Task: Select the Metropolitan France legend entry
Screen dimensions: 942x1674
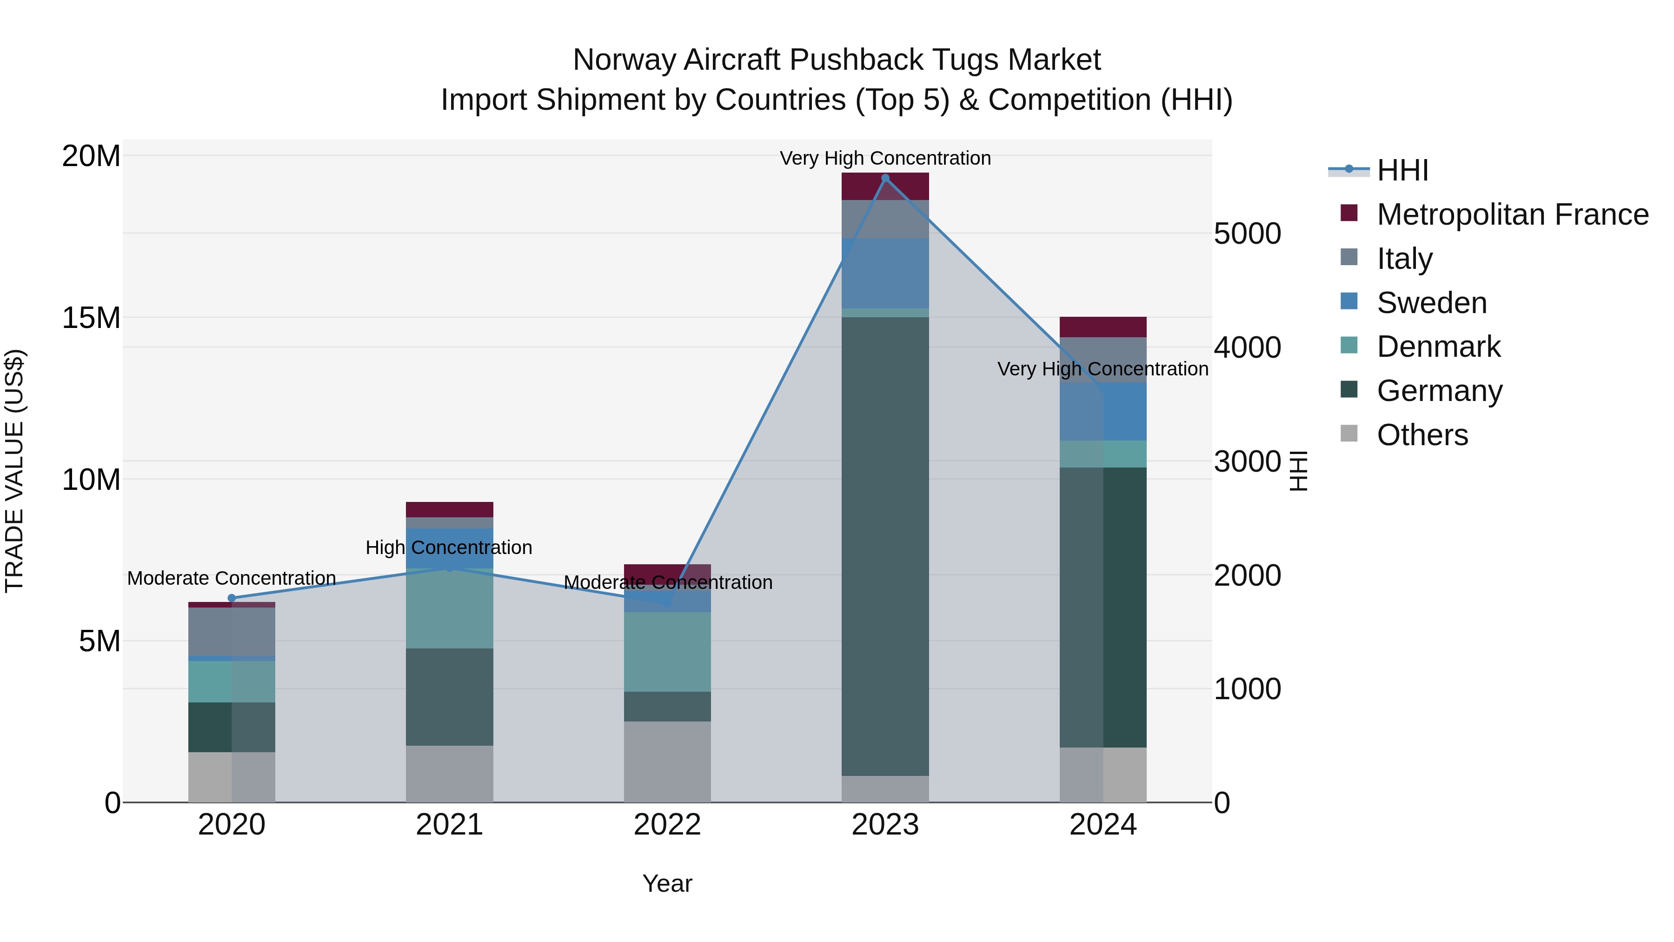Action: pyautogui.click(x=1512, y=214)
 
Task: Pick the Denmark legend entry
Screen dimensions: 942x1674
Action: pyautogui.click(x=1438, y=347)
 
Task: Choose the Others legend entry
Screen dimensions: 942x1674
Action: pyautogui.click(x=1422, y=435)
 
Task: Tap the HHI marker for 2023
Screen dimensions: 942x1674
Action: pyautogui.click(x=885, y=178)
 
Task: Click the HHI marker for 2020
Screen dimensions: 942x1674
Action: pyautogui.click(x=232, y=598)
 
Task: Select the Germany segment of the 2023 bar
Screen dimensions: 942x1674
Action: pyautogui.click(x=885, y=546)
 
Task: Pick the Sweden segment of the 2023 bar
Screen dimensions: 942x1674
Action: pyautogui.click(x=885, y=273)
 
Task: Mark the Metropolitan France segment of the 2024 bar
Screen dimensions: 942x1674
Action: pyautogui.click(x=1103, y=327)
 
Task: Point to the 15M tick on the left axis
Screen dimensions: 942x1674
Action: pyautogui.click(x=91, y=318)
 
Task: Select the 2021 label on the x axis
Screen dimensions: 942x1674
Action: pyautogui.click(x=449, y=825)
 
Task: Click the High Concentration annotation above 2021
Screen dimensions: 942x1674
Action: pyautogui.click(x=449, y=548)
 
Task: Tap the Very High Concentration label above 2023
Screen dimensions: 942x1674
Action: pyautogui.click(x=885, y=158)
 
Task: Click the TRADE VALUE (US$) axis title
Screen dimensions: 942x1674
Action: pyautogui.click(x=14, y=471)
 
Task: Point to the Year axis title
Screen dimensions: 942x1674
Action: pyautogui.click(x=667, y=883)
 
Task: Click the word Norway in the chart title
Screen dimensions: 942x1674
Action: pyautogui.click(x=624, y=60)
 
